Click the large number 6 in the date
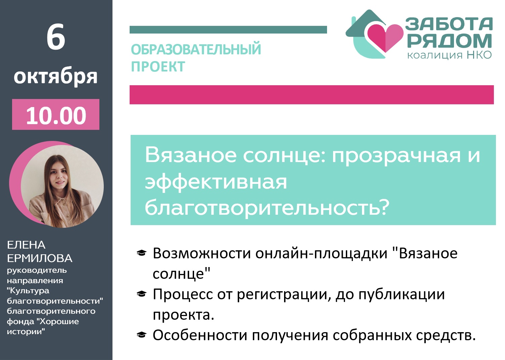point(56,37)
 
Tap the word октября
point(56,77)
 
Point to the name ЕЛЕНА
point(26,245)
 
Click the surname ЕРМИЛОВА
point(40,258)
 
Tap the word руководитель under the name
point(37,270)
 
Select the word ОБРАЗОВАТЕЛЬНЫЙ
point(196,50)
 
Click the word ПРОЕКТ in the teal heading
point(158,67)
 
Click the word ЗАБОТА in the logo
point(449,24)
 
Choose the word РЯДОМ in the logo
point(449,41)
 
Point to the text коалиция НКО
point(449,55)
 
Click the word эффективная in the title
point(216,182)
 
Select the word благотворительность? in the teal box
point(267,207)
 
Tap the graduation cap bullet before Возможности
point(142,253)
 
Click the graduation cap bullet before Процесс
point(142,294)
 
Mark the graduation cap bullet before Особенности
point(142,335)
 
